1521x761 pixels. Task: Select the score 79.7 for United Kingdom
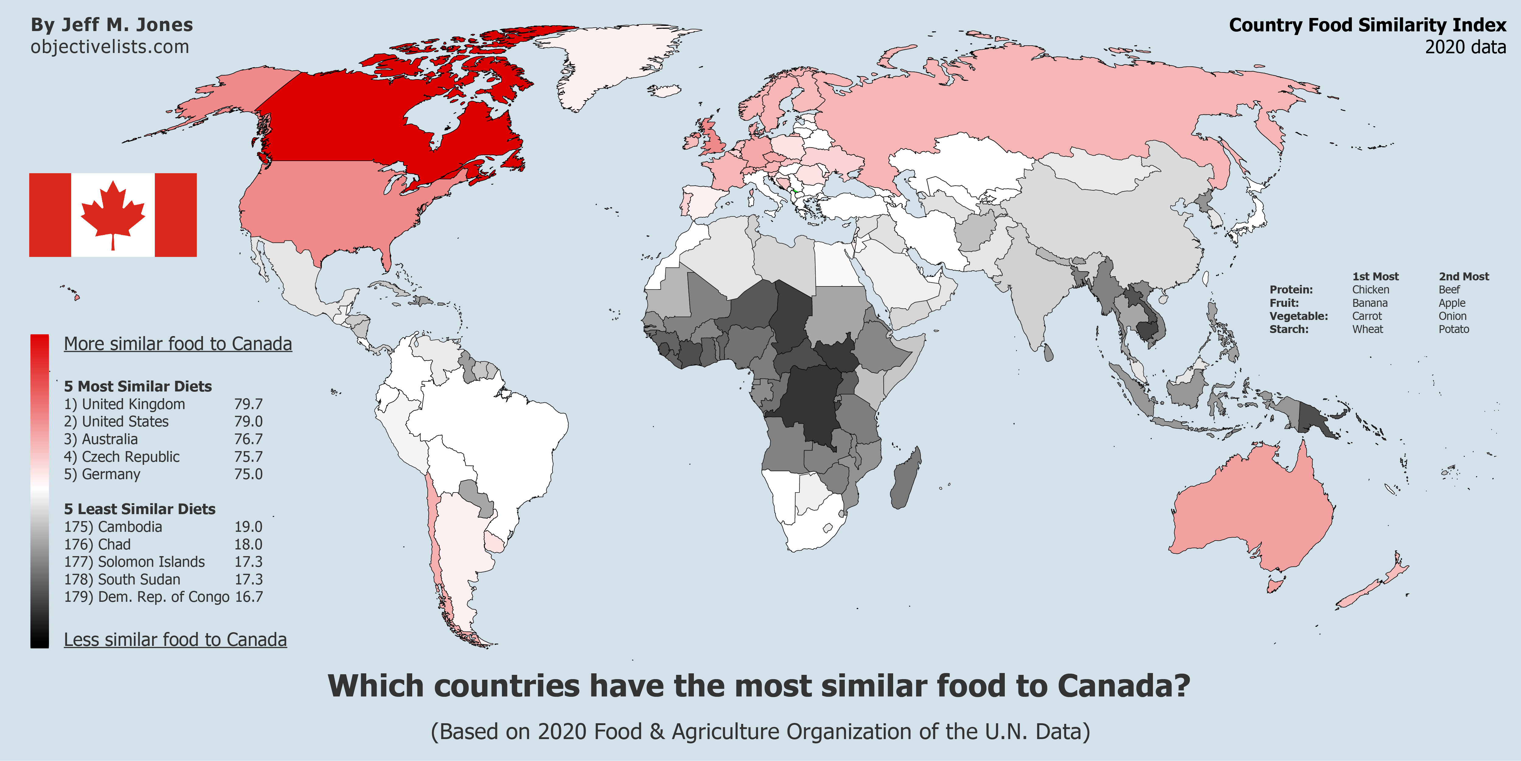click(248, 404)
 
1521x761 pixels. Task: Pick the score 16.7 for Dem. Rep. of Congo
click(249, 597)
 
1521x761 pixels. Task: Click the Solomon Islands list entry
click(135, 562)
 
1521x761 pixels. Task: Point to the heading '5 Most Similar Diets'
click(137, 386)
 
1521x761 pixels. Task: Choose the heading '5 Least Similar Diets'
click(139, 509)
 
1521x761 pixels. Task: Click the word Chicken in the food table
click(1370, 289)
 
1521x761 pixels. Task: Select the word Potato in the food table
click(1454, 329)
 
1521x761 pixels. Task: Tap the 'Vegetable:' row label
click(1298, 316)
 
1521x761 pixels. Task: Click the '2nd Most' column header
click(1464, 276)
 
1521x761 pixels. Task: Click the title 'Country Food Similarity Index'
click(1367, 25)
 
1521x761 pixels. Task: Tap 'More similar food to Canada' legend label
click(178, 344)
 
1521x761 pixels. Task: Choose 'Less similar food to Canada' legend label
click(175, 640)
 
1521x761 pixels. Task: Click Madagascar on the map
click(905, 479)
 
